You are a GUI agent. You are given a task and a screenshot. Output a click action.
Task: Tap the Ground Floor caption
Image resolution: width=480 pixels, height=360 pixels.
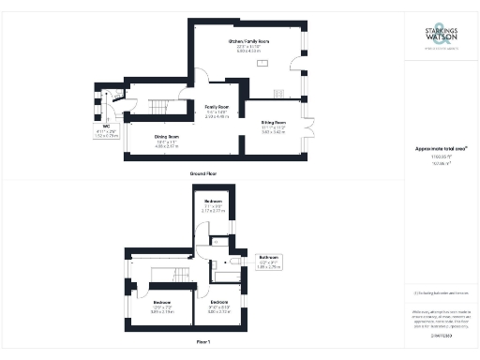tap(204, 174)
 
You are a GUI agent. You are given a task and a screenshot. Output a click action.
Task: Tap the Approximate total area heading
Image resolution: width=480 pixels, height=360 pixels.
tap(439, 148)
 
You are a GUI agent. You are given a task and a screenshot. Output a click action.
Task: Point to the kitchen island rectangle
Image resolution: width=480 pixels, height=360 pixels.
tap(262, 64)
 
